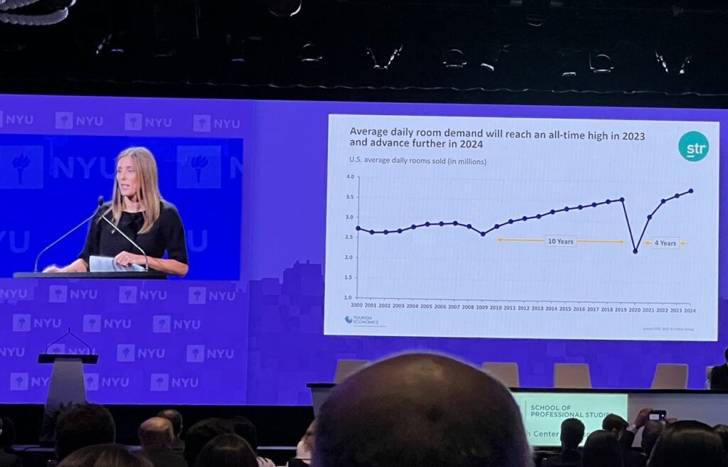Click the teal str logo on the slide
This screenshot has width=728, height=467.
[x=693, y=146]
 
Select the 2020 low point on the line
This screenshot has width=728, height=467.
[x=635, y=251]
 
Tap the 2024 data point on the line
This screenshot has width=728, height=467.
[x=691, y=190]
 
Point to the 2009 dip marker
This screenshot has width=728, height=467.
[x=483, y=234]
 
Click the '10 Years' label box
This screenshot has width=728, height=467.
[x=560, y=241]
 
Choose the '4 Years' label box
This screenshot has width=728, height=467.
[x=665, y=243]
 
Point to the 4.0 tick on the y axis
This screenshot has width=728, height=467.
[x=349, y=176]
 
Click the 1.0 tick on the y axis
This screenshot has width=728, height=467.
[x=348, y=297]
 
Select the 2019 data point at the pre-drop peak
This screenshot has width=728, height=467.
[x=622, y=200]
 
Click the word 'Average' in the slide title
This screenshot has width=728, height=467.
[x=370, y=131]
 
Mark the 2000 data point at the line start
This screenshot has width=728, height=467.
[x=358, y=228]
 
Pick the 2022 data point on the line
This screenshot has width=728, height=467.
[x=663, y=201]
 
